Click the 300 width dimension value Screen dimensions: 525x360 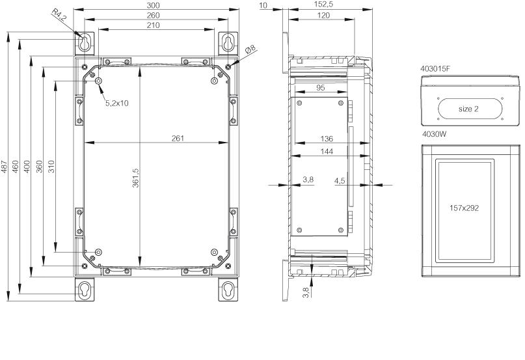coord(153,5)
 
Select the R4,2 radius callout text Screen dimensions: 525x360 coord(59,16)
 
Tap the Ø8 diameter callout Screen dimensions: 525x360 coord(250,49)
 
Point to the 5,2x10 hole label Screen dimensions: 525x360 coord(117,104)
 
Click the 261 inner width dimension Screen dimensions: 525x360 coord(178,138)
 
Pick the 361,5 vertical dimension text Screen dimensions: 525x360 coord(135,178)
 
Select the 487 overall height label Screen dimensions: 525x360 coord(5,167)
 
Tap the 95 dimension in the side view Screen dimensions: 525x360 coord(321,88)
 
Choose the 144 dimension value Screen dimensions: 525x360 coord(327,152)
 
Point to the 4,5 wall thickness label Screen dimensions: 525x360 coord(340,181)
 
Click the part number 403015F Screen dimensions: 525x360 coord(435,69)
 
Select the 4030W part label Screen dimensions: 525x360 coord(435,134)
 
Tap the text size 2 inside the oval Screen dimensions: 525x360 coord(468,109)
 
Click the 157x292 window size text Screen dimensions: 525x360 coord(464,208)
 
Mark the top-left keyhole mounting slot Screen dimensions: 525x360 coord(84,42)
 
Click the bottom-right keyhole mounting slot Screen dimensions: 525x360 coord(228,288)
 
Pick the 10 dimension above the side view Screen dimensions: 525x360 coord(263,5)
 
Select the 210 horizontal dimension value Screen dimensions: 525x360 coord(153,25)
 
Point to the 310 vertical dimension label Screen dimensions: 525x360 coord(51,167)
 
